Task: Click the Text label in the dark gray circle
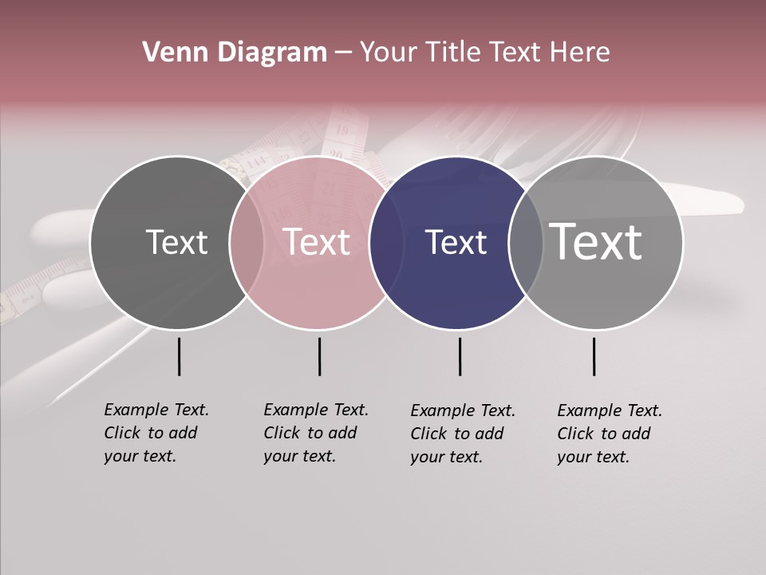176,242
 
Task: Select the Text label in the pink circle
317,242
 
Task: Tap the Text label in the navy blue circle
456,242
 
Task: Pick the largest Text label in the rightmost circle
595,241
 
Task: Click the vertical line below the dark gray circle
179,356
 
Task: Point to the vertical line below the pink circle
319,356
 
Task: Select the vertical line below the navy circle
460,356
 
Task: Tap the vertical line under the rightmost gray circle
594,356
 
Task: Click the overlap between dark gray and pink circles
247,242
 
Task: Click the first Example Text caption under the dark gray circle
156,433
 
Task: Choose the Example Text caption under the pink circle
316,433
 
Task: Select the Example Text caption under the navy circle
463,434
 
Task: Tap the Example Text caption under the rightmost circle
610,434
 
